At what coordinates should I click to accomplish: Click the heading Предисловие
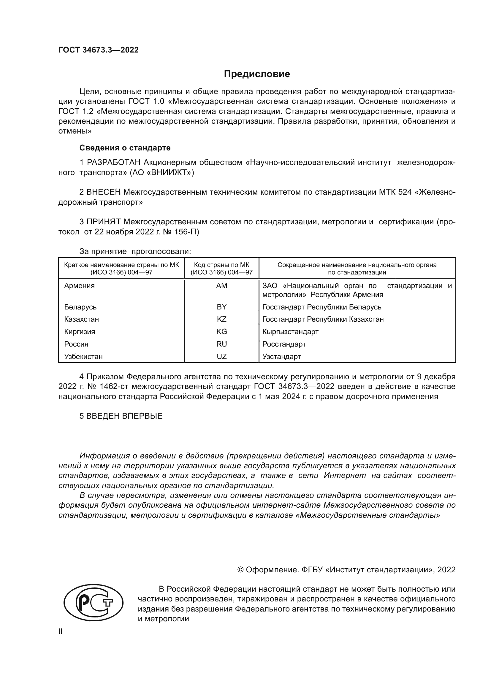tap(257, 74)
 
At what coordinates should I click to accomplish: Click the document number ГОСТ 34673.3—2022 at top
tap(98, 50)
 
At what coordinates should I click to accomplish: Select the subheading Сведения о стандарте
tap(125, 148)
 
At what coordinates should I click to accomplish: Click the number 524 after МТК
tap(405, 192)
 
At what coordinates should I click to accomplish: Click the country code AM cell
tap(221, 286)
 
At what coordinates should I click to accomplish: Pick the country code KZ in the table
tap(221, 319)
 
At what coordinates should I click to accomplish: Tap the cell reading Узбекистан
tap(83, 357)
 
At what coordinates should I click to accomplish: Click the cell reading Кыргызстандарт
tap(290, 332)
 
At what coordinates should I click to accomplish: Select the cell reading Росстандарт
tap(284, 344)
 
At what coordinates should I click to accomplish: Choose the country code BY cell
tap(221, 307)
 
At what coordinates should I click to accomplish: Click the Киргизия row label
tap(80, 332)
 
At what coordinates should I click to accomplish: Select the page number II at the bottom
tap(61, 631)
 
